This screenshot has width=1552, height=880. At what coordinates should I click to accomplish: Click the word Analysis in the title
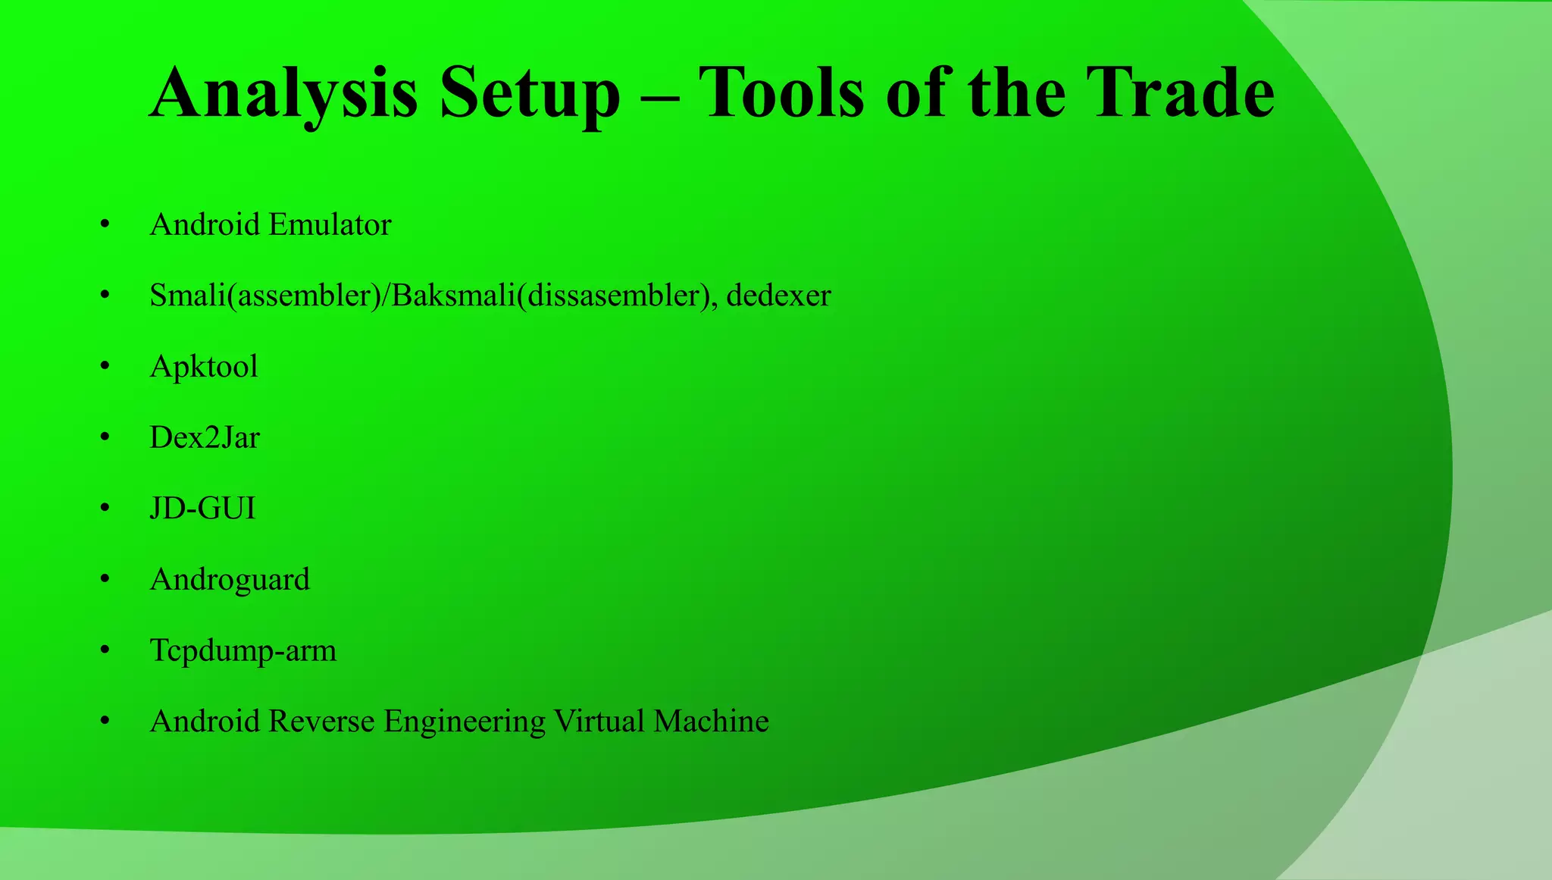(x=283, y=94)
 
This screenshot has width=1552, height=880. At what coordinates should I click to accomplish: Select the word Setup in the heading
(x=530, y=94)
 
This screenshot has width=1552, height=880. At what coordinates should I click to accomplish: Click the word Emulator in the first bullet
(x=330, y=224)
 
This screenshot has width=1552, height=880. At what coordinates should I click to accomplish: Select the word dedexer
(x=778, y=295)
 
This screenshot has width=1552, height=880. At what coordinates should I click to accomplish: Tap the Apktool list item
(x=204, y=367)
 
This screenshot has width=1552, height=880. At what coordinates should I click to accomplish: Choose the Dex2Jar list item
(x=205, y=437)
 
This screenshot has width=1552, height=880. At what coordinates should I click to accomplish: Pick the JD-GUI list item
(x=202, y=508)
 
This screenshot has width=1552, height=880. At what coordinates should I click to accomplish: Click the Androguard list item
(x=230, y=580)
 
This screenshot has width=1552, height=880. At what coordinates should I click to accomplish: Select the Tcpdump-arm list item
(x=242, y=651)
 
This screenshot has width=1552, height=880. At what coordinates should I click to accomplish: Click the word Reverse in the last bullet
(x=321, y=721)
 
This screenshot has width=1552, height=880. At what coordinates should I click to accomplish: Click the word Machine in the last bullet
(x=711, y=721)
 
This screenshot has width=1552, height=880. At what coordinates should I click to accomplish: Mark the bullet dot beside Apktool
(x=105, y=367)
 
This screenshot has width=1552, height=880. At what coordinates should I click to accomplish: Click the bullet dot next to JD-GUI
(x=105, y=509)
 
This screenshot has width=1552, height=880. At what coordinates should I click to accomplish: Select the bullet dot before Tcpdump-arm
(x=105, y=650)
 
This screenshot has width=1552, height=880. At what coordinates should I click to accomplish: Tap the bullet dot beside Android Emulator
(x=105, y=225)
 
